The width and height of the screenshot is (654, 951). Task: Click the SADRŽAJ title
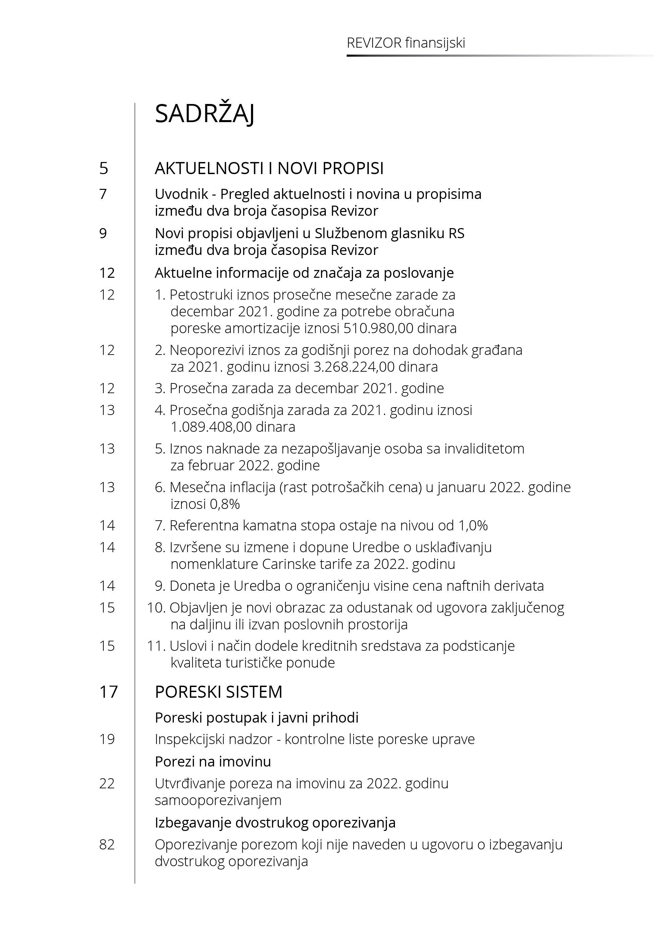pos(204,114)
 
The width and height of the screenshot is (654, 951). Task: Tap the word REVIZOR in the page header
pos(374,43)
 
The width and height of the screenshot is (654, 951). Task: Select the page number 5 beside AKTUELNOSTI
pos(104,168)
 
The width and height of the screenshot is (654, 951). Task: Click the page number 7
pos(103,194)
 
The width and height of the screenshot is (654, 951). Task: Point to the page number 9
pos(103,233)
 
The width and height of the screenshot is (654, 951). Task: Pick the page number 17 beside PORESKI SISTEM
pos(108,692)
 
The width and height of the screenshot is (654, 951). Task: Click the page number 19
pos(107,739)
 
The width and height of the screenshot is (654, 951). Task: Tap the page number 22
pos(107,784)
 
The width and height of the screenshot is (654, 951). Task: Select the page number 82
pos(107,845)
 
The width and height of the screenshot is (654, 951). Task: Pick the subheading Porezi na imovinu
pos(213,761)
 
